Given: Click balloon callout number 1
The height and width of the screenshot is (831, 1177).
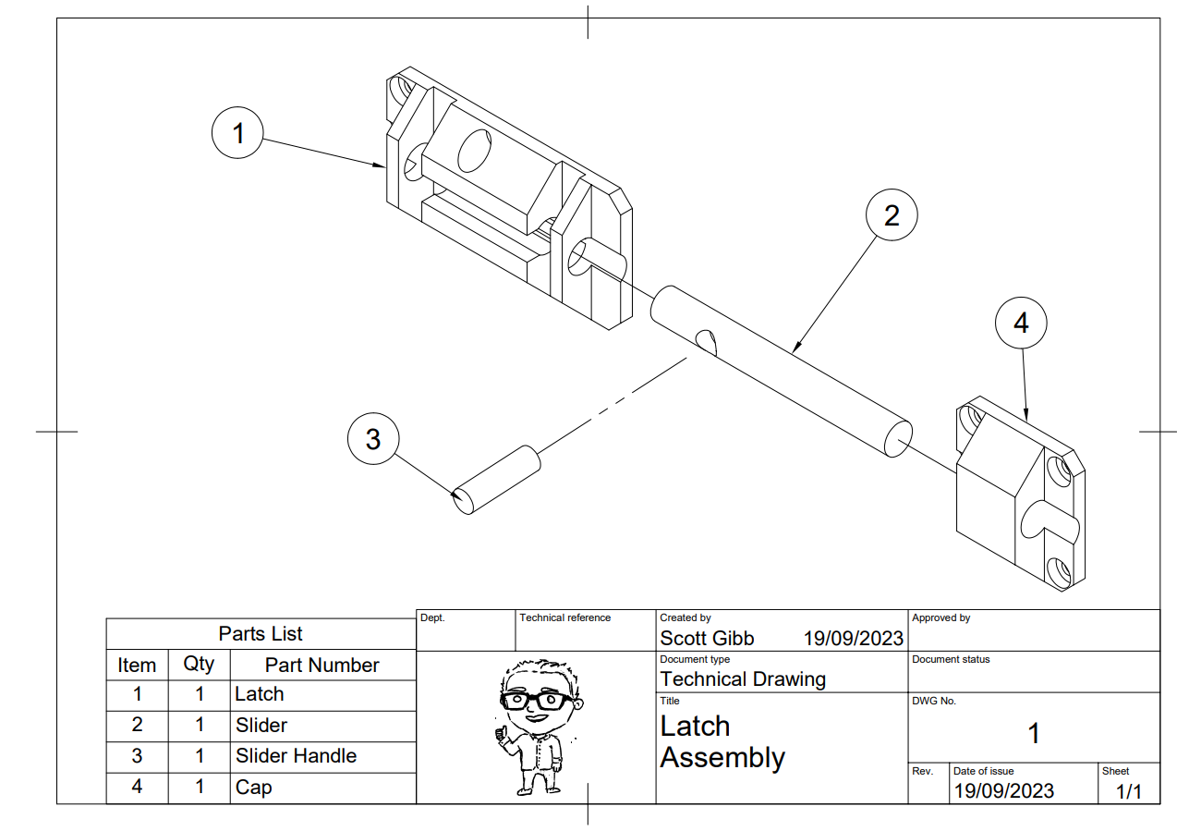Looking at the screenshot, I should pyautogui.click(x=238, y=134).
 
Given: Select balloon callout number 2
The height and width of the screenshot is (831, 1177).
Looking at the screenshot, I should pyautogui.click(x=891, y=215).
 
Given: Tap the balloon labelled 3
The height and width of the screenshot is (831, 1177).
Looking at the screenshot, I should pyautogui.click(x=372, y=438).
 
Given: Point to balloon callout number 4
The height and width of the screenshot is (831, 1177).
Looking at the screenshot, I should pyautogui.click(x=1021, y=323).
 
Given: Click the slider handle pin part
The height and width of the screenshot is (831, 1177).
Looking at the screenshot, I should pyautogui.click(x=496, y=479).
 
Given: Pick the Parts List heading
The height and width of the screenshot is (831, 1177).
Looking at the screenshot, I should pyautogui.click(x=261, y=634).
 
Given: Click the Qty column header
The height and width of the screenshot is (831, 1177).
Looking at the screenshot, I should pyautogui.click(x=199, y=665).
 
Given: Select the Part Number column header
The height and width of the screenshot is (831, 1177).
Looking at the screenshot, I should pyautogui.click(x=322, y=665).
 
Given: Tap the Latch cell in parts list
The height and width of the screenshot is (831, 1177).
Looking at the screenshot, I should pyautogui.click(x=260, y=694).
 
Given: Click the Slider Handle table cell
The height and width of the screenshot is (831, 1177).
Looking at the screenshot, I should pyautogui.click(x=296, y=756).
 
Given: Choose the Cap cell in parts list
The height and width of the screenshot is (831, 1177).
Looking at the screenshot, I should pyautogui.click(x=253, y=788).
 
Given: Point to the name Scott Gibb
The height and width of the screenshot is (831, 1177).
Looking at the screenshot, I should pyautogui.click(x=707, y=639).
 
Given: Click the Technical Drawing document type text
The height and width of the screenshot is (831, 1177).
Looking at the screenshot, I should pyautogui.click(x=743, y=679).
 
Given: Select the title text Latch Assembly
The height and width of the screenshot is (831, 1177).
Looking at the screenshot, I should pyautogui.click(x=722, y=742).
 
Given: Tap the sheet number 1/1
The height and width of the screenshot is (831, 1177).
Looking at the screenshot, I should pyautogui.click(x=1128, y=791).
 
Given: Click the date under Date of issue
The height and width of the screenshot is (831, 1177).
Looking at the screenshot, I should pyautogui.click(x=1003, y=791).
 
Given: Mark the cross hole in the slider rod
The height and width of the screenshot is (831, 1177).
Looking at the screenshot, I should pyautogui.click(x=707, y=341).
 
